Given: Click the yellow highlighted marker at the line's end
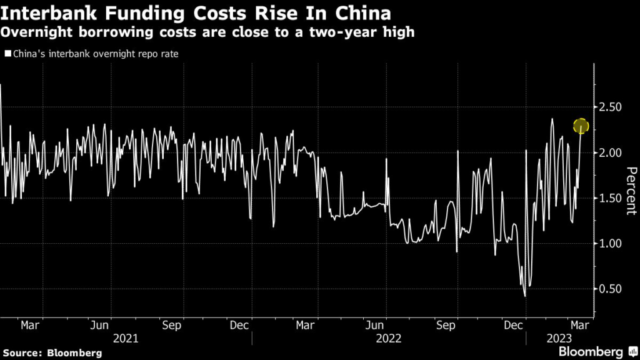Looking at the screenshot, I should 581,126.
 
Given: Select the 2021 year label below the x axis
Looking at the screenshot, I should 126,338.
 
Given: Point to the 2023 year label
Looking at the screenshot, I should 559,338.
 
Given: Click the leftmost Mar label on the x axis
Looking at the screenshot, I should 30,326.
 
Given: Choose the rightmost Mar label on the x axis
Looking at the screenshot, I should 579,326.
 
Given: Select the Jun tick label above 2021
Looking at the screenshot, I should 101,326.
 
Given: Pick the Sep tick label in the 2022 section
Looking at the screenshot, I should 445,326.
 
